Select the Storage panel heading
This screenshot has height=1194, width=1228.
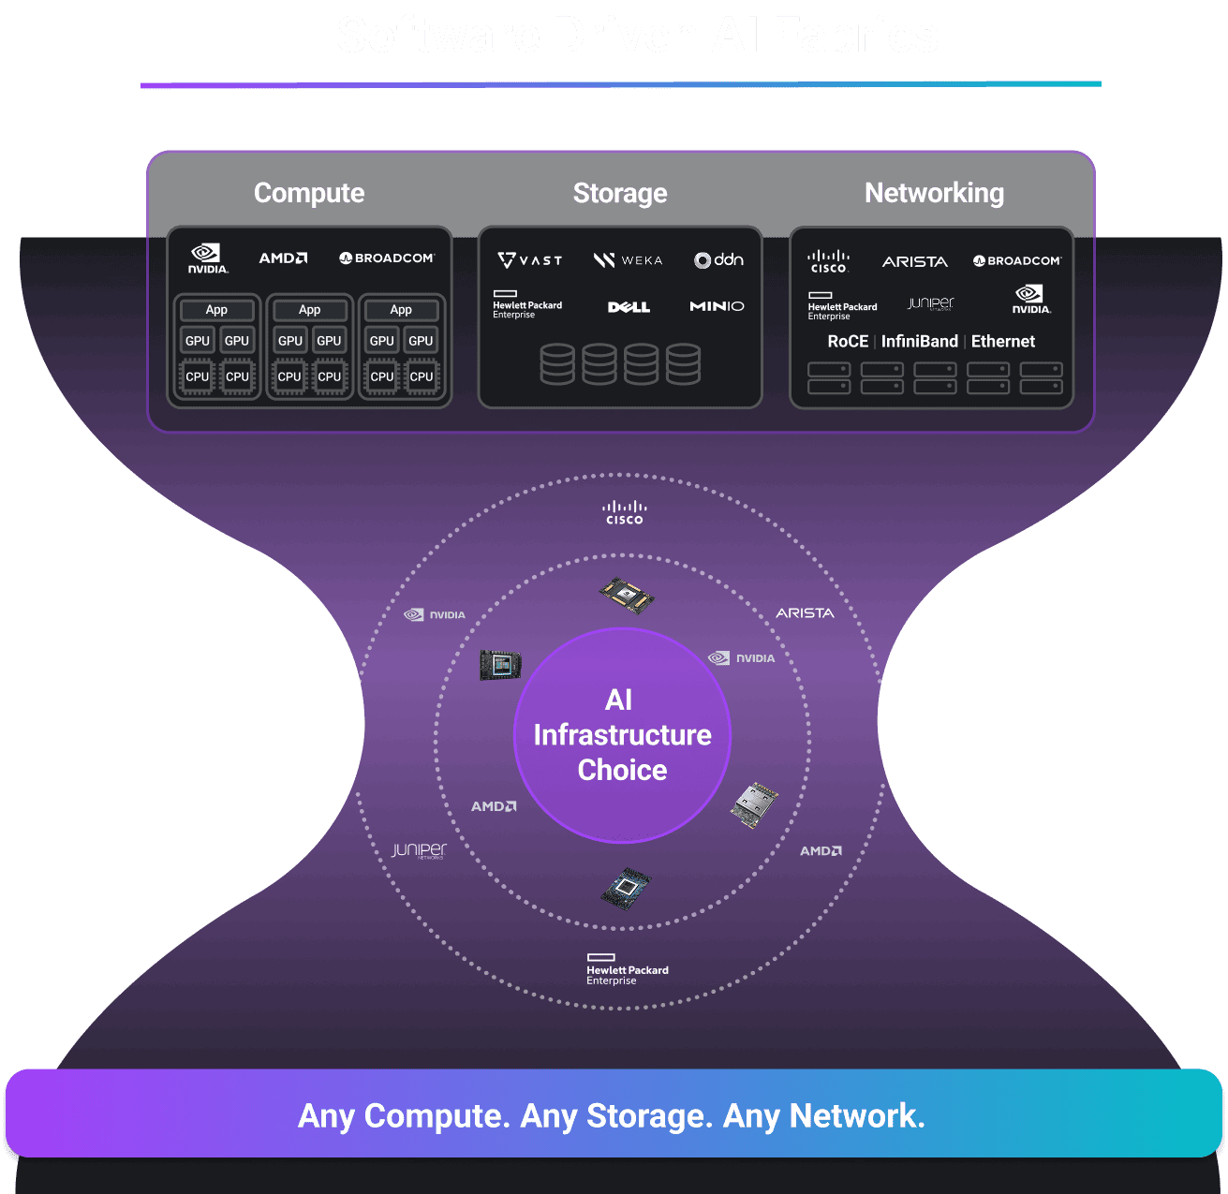click(620, 193)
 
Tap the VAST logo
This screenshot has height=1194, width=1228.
click(530, 260)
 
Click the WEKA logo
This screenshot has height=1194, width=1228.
click(628, 260)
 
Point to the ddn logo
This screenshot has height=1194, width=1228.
click(718, 259)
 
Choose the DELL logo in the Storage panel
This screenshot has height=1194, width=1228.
click(629, 307)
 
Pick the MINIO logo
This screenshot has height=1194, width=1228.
click(717, 306)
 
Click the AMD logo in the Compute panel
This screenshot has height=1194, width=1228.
click(283, 258)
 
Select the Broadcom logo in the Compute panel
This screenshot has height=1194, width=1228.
click(387, 258)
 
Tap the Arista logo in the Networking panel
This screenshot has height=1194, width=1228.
click(915, 262)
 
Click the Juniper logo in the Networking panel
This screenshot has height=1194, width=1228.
click(930, 303)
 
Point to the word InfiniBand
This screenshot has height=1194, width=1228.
click(919, 342)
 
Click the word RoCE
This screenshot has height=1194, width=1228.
click(848, 342)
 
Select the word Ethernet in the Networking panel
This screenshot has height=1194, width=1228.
click(1002, 342)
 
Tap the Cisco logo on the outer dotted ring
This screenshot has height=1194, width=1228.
click(624, 512)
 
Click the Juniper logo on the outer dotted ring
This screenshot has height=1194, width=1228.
click(419, 850)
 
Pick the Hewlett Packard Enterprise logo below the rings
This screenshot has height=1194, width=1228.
click(627, 969)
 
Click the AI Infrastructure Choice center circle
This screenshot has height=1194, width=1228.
click(622, 735)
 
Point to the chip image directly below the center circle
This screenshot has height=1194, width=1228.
click(626, 886)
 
